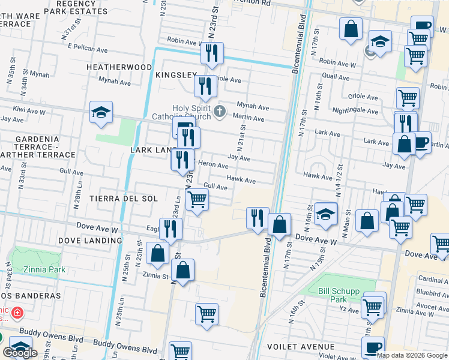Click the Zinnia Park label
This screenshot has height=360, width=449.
(44, 269)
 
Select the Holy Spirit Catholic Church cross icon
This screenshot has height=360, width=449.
(220, 110)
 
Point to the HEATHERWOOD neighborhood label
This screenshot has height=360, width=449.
(119, 67)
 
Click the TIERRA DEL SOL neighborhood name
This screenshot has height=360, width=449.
(123, 199)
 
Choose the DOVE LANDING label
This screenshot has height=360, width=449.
(90, 241)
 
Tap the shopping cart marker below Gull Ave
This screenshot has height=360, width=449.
(197, 200)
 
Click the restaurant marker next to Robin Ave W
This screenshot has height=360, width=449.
(212, 54)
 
